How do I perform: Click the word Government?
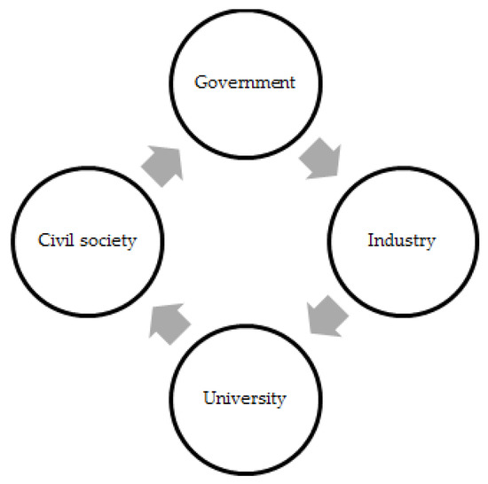[244, 83]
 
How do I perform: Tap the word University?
[244, 398]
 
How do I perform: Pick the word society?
[109, 241]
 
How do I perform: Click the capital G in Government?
[201, 83]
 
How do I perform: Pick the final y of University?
[281, 400]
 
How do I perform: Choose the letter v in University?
[235, 399]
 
